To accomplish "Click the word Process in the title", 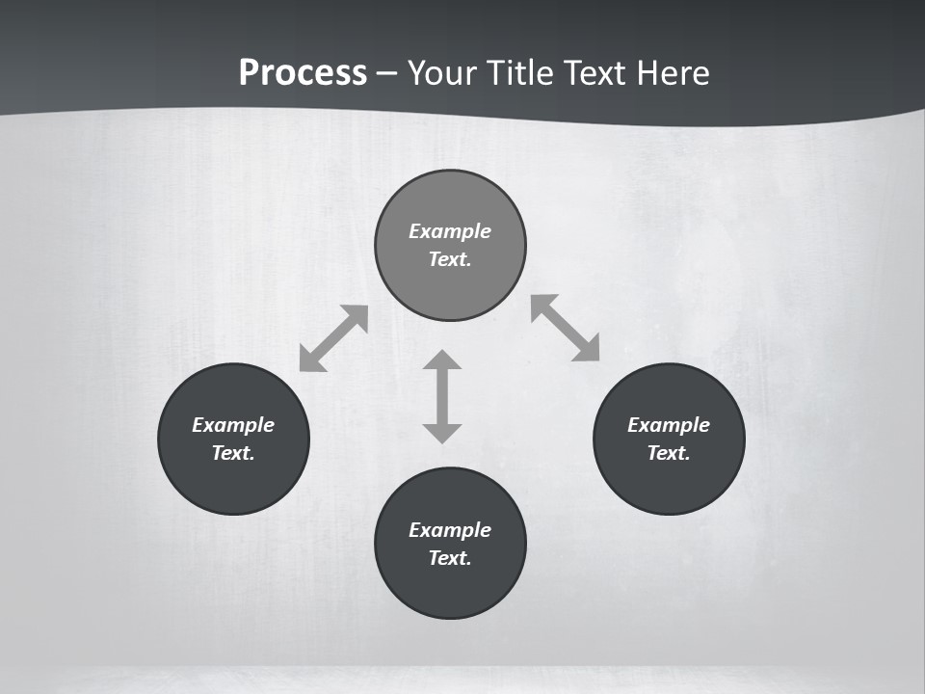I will point(303,73).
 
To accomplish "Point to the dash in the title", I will point(387,73).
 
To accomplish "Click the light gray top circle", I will point(450,280).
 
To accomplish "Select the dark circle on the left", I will point(233,482).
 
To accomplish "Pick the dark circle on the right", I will point(669,482).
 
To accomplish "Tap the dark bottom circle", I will point(450,588).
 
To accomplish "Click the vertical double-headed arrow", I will point(442,396).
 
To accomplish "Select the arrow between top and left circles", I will point(333,338).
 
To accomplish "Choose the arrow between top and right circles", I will point(566,328).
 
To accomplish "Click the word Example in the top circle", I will point(450,231).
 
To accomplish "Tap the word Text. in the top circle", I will point(450,259).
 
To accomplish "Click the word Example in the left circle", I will point(233,425).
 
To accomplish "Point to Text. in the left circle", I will point(233,453).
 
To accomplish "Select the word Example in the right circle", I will point(669,425).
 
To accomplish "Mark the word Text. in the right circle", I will point(669,453).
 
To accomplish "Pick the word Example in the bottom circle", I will point(450,530).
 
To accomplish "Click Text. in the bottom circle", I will point(450,558).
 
